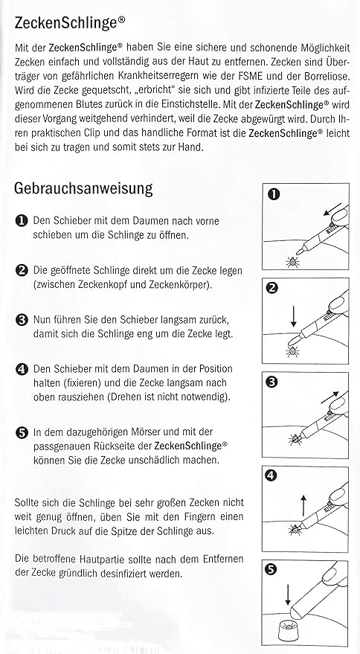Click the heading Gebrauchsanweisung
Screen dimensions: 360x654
pyautogui.click(x=83, y=188)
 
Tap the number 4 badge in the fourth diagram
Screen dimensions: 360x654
pyautogui.click(x=273, y=477)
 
